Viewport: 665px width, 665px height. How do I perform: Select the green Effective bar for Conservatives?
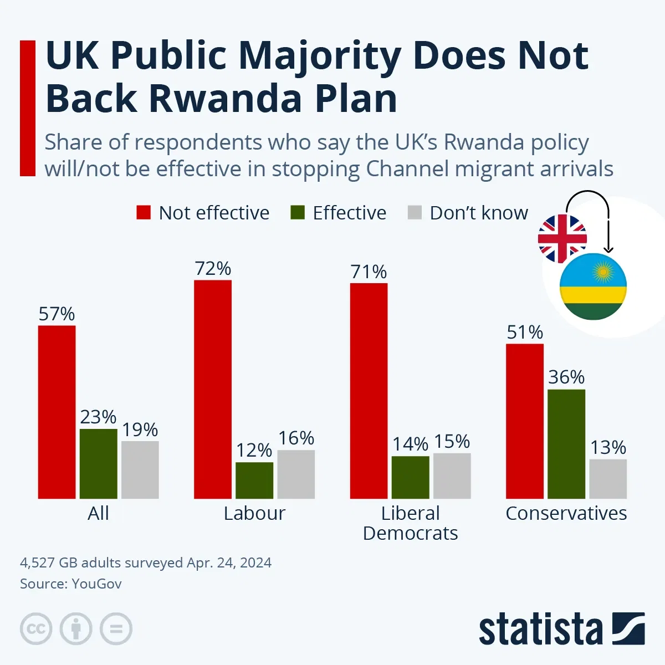[566, 444]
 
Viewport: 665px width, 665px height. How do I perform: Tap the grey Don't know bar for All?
[140, 470]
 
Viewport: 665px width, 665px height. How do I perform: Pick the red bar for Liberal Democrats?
[369, 391]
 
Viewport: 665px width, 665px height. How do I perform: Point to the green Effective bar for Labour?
[254, 480]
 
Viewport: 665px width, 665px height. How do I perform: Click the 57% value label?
[57, 314]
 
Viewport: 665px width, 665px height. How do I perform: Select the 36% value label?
[566, 377]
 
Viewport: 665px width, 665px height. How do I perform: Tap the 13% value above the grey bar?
[608, 448]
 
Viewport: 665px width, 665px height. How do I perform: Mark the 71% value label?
[369, 272]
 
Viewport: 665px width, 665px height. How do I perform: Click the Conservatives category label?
[566, 513]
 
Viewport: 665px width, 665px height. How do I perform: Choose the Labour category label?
[254, 513]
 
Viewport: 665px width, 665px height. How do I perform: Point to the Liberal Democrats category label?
[410, 523]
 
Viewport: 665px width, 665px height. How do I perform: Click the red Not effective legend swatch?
[144, 213]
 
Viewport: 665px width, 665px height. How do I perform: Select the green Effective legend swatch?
[298, 213]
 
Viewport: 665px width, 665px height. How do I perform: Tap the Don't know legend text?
[479, 213]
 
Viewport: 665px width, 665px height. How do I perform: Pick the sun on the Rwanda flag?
[602, 272]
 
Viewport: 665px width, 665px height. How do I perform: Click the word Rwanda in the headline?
[226, 99]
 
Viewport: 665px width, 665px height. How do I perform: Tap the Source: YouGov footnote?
[71, 584]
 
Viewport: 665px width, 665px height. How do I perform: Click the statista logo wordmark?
[540, 630]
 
